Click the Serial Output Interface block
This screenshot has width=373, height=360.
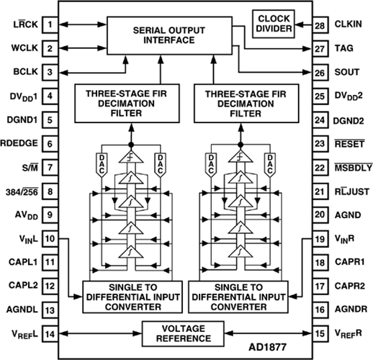(x=169, y=35)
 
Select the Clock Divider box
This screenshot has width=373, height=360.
(x=274, y=24)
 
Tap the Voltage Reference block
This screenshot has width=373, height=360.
(x=183, y=333)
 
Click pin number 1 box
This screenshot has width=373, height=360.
(x=50, y=24)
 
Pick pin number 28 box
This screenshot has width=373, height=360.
(x=320, y=25)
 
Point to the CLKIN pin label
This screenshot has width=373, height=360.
(x=348, y=24)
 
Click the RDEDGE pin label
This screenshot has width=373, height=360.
(x=19, y=143)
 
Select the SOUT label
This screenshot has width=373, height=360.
(x=347, y=72)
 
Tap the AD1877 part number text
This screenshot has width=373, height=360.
(x=268, y=347)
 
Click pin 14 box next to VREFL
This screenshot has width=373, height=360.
(x=50, y=334)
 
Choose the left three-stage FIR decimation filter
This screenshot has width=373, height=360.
(x=127, y=104)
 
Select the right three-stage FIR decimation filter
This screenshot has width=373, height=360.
(x=246, y=104)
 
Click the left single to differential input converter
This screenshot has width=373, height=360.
(x=132, y=297)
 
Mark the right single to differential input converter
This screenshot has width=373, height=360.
(x=238, y=297)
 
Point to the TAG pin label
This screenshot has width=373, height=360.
(x=344, y=48)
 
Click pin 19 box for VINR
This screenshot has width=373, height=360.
(x=320, y=239)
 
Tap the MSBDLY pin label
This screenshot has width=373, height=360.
(x=354, y=168)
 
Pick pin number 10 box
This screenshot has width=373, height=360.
(x=50, y=239)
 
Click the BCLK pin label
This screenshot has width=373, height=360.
(x=25, y=72)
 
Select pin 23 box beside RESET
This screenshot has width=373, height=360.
(x=320, y=144)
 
